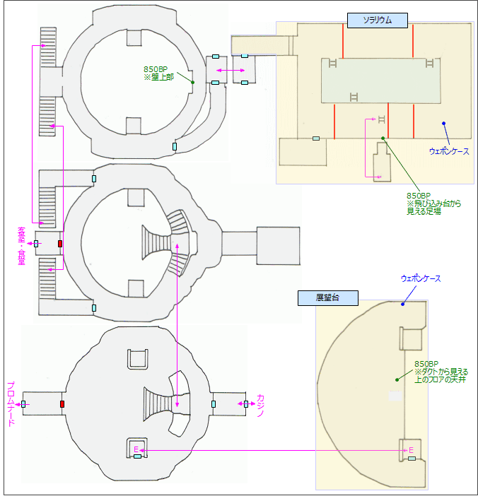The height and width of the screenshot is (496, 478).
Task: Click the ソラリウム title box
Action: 378,20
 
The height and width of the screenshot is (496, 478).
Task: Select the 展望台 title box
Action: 327,298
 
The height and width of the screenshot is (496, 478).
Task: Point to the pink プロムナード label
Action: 11,404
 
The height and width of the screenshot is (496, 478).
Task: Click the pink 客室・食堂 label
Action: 21,244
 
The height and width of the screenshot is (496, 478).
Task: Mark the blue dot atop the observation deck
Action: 403,304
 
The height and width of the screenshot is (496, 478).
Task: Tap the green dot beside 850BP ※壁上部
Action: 192,82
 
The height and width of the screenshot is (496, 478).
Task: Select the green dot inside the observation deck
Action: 397,379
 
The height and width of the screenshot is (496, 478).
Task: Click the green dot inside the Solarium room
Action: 383,138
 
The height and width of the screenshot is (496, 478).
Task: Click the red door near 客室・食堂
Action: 60,244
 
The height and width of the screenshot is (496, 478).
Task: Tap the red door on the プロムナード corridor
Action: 62,404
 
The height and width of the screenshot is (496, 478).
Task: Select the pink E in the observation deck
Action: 410,449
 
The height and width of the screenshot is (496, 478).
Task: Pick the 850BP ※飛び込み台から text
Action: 432,204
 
